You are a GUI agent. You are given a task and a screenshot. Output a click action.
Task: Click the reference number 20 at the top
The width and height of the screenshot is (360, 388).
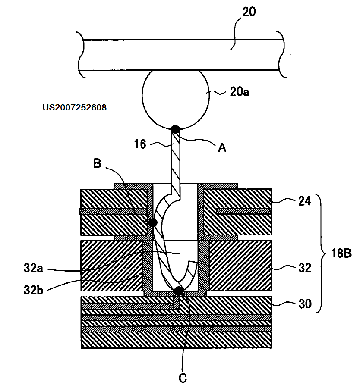point(249,12)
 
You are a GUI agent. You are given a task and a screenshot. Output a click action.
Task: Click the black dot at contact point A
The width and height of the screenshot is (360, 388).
point(175,129)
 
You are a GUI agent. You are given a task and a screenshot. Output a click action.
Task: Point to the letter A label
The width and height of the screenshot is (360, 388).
point(222,148)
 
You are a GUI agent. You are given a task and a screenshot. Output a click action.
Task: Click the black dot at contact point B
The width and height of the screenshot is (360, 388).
point(152,222)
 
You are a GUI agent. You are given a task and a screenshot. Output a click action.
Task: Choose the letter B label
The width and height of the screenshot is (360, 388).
point(97,163)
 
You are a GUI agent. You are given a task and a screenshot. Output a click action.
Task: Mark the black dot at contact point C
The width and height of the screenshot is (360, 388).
point(178,291)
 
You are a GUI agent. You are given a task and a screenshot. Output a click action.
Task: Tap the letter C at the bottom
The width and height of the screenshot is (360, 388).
point(183,378)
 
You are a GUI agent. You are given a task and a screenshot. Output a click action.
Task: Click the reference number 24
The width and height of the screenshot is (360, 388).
point(305,201)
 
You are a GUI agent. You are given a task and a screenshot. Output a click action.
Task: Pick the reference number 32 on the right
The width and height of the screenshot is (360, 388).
point(305,268)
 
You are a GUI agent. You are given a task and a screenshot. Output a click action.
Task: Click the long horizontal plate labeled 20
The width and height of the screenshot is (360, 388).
point(181,55)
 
